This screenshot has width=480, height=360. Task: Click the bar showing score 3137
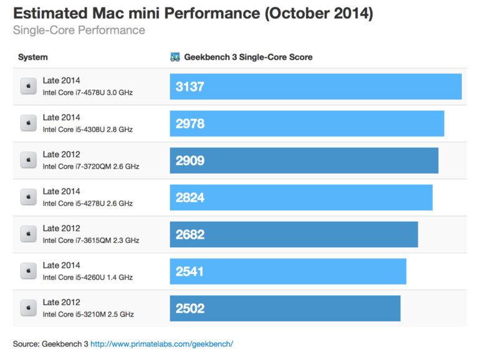pos(315,87)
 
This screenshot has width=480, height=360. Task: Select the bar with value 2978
pos(307,123)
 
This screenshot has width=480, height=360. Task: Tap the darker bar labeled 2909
pos(304,161)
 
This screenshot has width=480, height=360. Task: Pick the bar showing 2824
pos(301,197)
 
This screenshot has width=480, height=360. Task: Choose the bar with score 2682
pos(294,234)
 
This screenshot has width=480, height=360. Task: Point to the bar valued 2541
pos(288,272)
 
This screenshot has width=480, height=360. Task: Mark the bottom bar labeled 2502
pos(285,308)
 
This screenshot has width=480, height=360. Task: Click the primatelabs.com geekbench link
pos(161,344)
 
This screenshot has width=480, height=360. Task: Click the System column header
pos(32,57)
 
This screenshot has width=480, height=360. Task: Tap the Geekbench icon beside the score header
pos(175,57)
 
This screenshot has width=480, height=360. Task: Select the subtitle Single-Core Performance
pos(79,30)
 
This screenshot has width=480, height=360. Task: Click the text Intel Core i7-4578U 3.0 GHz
pos(87,93)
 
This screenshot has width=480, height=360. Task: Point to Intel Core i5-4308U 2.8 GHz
pos(87,130)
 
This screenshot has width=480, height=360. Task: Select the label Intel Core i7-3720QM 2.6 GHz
pos(90,166)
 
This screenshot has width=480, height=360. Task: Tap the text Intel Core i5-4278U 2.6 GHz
pos(87,204)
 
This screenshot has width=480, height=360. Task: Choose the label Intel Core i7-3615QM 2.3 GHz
pos(90,240)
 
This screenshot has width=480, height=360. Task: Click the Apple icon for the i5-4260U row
pos(28,271)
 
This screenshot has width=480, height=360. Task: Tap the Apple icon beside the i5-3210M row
pos(28,308)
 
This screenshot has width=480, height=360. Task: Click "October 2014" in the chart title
pos(319,13)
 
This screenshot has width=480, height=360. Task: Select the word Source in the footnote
pos(26,344)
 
